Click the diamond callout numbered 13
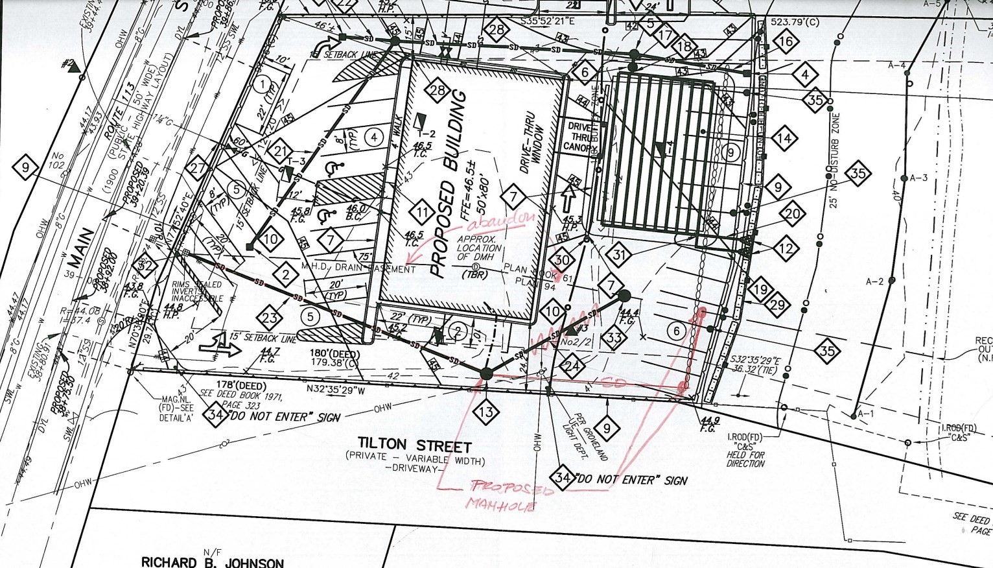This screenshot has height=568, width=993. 486,411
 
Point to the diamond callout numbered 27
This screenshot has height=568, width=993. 198,167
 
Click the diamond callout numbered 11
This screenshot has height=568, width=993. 423,213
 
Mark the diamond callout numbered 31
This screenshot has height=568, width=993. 620,255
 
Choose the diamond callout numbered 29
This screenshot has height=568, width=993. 778,305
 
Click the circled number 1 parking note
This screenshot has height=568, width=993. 262,84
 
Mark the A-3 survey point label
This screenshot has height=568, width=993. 919,178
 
